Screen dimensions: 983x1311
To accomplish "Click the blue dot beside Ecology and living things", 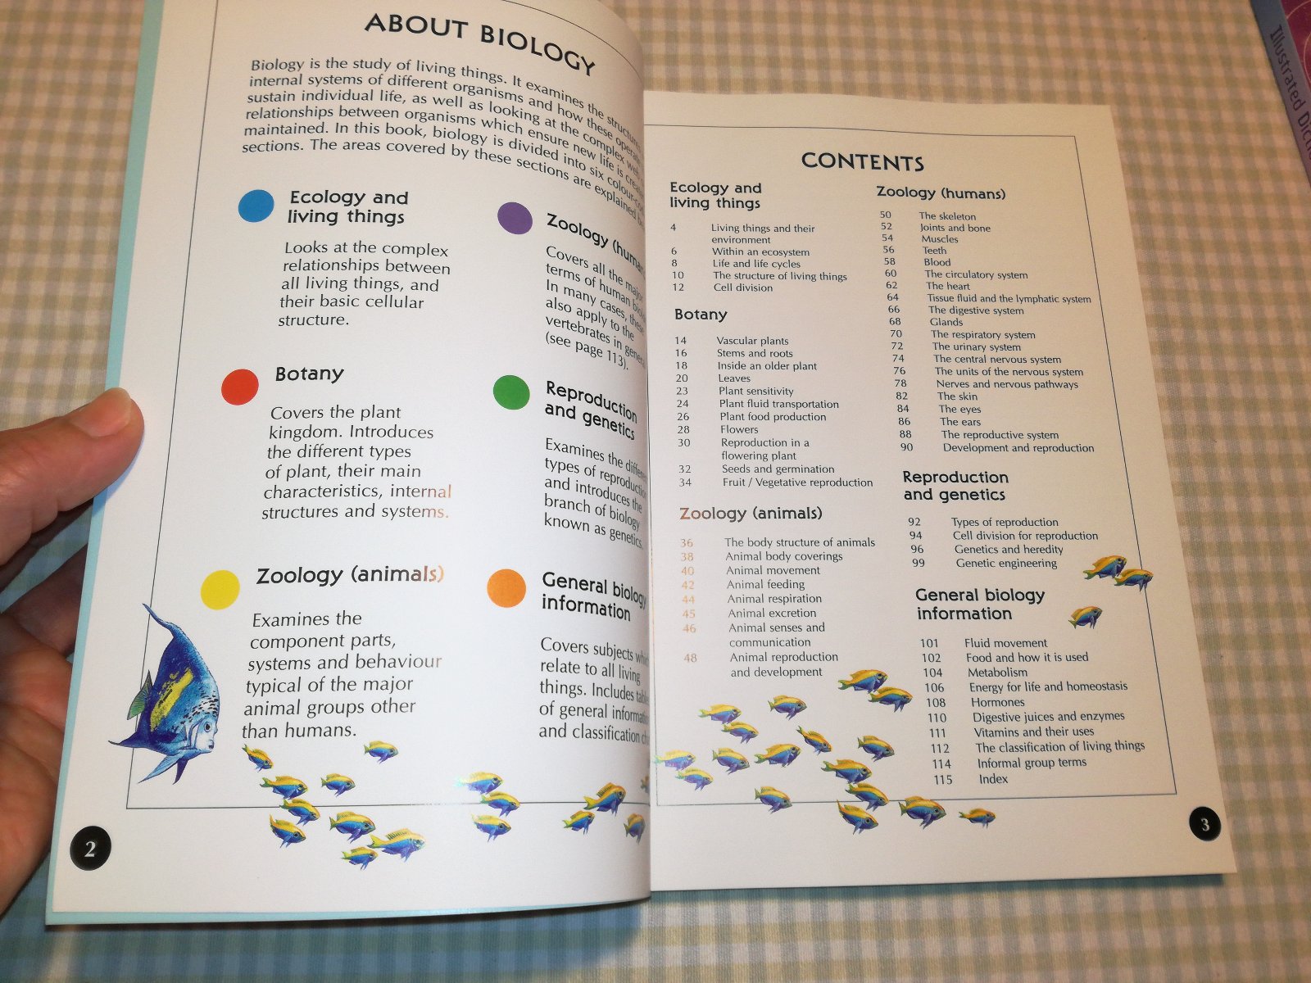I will click(256, 206).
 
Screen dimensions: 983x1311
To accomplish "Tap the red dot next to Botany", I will click(239, 387).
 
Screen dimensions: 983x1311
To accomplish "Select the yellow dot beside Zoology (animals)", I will click(220, 589).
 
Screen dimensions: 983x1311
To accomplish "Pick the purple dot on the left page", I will click(515, 218).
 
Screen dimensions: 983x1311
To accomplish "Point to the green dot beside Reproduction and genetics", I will click(511, 393).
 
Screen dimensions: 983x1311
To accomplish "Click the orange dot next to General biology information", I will click(506, 588).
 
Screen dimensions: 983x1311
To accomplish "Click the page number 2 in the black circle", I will click(89, 848).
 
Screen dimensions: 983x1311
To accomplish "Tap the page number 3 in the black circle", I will click(1204, 825).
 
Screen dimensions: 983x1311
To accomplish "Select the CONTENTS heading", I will click(862, 161).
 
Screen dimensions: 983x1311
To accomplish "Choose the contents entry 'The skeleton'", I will click(947, 216).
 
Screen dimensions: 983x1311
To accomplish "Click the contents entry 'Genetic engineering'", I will click(1006, 563).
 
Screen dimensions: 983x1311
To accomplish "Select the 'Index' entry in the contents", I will click(993, 779).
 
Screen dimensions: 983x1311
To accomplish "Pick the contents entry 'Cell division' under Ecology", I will click(742, 288).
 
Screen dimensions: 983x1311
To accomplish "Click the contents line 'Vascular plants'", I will click(752, 341).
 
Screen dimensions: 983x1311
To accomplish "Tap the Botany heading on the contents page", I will click(701, 315).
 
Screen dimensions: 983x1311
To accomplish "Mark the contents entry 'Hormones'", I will click(997, 702).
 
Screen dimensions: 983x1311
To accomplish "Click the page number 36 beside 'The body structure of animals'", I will click(687, 543).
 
